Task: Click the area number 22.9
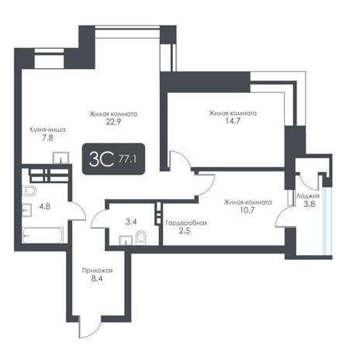113,122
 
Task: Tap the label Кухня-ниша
47,130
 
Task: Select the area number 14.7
233,121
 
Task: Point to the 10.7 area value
247,210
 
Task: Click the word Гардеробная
186,223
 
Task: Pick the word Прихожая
97,271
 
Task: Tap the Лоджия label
308,196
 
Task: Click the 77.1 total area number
127,159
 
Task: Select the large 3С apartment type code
101,159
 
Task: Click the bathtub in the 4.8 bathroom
43,235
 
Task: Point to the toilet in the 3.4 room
141,238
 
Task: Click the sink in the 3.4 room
126,241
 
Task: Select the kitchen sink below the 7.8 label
61,157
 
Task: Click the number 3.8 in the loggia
310,204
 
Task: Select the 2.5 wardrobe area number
185,230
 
